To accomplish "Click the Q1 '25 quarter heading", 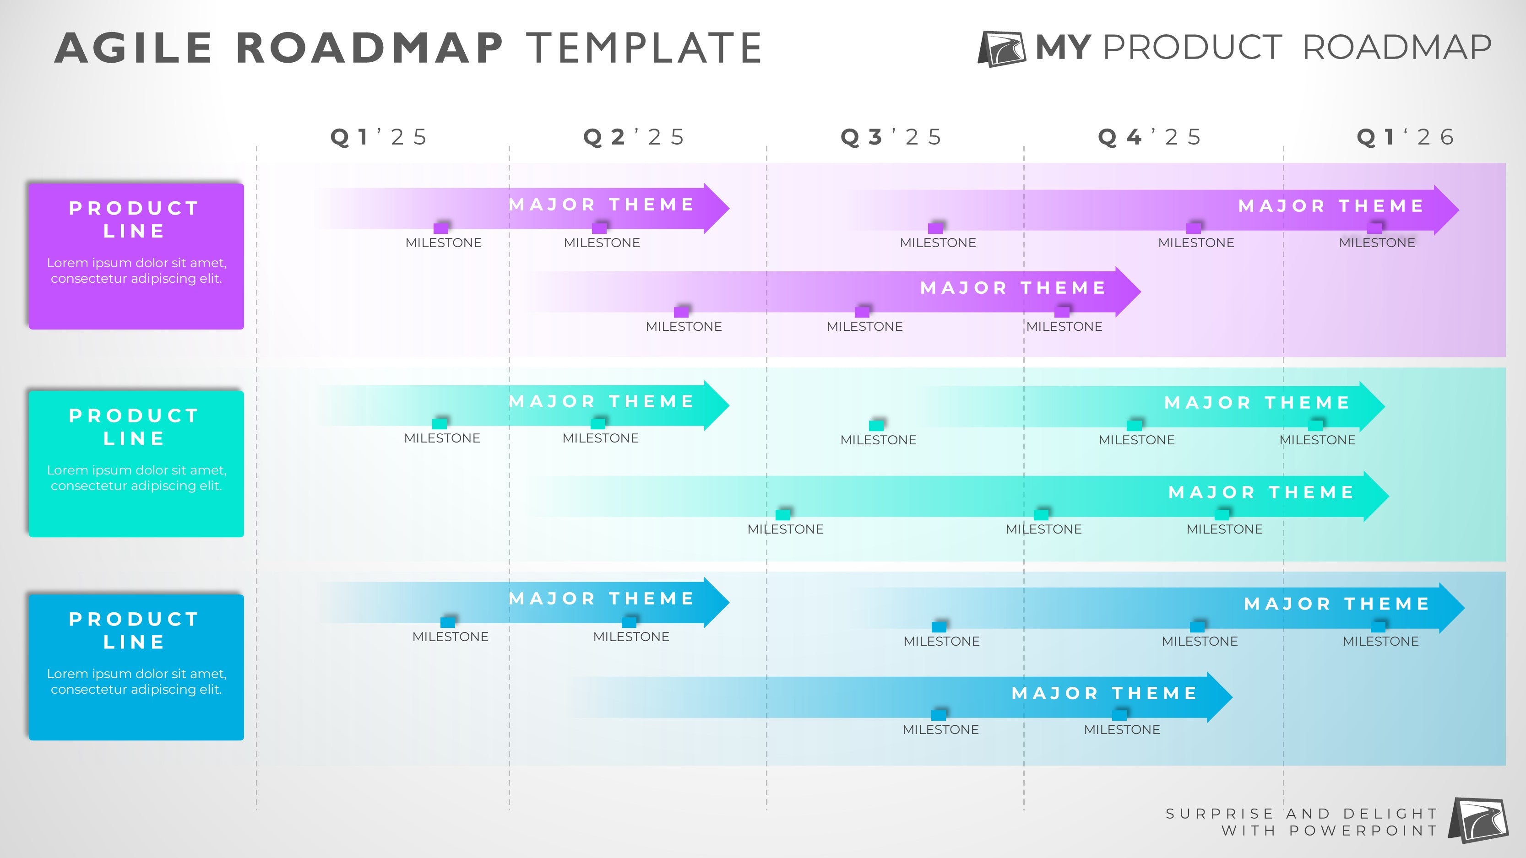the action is click(379, 137).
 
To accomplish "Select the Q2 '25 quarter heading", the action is click(634, 137).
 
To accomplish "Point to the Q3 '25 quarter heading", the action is click(891, 137).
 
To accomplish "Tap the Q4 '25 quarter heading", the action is click(1149, 137).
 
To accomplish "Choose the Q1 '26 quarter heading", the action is click(1405, 137).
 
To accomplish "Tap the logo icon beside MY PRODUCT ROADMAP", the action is click(1001, 49).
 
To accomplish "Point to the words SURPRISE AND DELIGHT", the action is click(1302, 814).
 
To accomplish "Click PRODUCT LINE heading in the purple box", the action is click(135, 219).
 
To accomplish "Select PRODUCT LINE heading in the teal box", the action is click(135, 427).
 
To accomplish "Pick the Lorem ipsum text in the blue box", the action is click(136, 681).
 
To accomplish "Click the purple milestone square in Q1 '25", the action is click(441, 228).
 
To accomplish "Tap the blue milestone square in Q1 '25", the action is click(448, 622).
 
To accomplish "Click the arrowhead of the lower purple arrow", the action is click(1129, 291).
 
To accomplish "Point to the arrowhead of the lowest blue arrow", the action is click(1220, 697).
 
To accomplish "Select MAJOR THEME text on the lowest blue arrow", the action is click(1104, 693).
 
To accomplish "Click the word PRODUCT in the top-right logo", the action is click(1192, 48).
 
